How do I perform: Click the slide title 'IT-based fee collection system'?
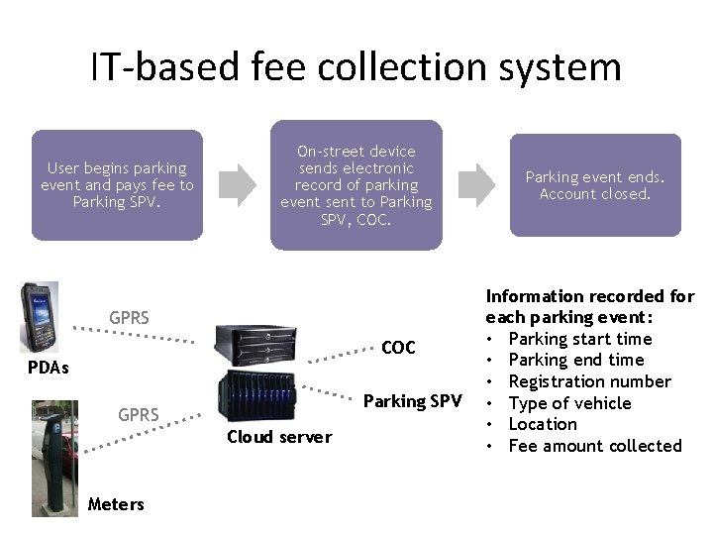(356, 67)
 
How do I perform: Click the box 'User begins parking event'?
(117, 185)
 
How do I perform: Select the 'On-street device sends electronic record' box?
(356, 185)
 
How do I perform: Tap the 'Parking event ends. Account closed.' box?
(595, 185)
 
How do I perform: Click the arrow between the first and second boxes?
(237, 182)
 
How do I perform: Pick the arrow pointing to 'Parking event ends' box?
(478, 182)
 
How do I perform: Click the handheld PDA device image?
(41, 317)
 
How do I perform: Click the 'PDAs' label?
(49, 369)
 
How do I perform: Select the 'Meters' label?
(116, 504)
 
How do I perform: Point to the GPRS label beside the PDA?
(130, 319)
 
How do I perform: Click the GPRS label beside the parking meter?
(140, 414)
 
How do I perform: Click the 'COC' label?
(398, 348)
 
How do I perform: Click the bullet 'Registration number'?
(588, 381)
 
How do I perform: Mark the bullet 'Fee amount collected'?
(594, 446)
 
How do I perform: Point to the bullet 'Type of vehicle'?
(568, 403)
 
